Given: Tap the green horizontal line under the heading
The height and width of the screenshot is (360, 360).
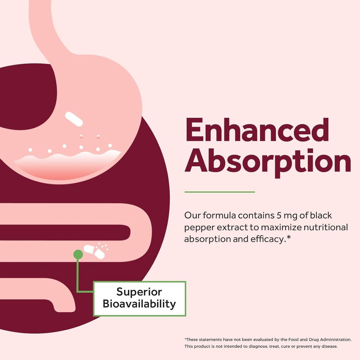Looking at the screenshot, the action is click(219, 192).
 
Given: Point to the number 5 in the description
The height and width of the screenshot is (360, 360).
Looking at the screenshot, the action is click(279, 216).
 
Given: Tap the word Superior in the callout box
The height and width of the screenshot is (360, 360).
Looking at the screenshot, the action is click(139, 292).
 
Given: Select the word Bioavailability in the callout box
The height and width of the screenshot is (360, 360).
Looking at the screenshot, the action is click(139, 304).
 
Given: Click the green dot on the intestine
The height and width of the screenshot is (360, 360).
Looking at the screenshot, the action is click(78, 255).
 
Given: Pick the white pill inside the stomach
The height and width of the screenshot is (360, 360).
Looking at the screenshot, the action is click(74, 119).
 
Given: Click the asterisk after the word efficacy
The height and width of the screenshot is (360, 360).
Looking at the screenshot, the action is click(289, 237).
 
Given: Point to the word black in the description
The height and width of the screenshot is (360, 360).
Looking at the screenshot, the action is click(321, 216).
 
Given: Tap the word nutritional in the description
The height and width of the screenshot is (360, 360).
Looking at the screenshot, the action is click(326, 227).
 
